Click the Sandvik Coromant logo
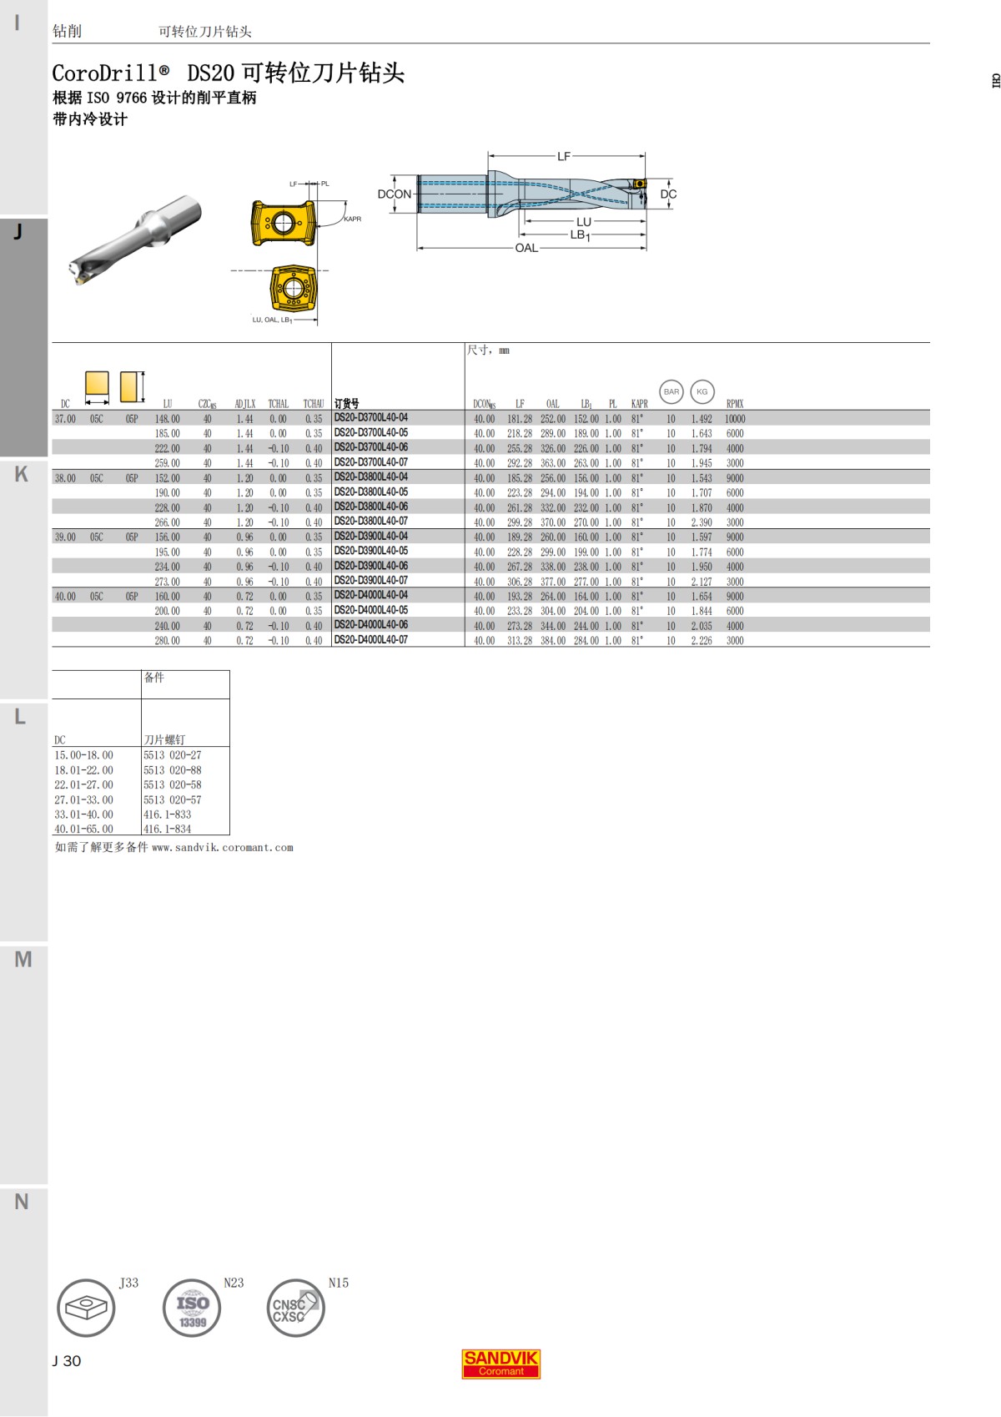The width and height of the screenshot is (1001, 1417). coord(500,1364)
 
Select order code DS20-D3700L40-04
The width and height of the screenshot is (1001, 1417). coord(371,418)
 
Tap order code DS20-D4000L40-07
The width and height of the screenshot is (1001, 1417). coord(371,640)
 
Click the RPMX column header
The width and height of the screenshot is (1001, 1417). coord(734,404)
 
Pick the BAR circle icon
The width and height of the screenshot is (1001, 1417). coord(671,391)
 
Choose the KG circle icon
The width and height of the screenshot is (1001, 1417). coord(702,391)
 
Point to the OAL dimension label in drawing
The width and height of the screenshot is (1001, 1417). coord(526,248)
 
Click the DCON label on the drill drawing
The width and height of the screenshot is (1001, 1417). coord(394,194)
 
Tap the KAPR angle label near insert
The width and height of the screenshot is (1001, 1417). coord(352,219)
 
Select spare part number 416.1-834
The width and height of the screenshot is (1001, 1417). coord(167,829)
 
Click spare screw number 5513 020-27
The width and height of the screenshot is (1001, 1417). coord(172,755)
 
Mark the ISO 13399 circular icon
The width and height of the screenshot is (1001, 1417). coord(192,1308)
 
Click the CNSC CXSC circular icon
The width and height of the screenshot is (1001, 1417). coord(295,1308)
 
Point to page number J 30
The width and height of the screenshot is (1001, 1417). coord(67,1361)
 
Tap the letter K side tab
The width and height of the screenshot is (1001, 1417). coord(22,475)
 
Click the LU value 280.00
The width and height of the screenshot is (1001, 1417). coord(167,640)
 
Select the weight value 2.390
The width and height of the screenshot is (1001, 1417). coord(702,522)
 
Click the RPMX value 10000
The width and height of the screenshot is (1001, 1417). coord(735,419)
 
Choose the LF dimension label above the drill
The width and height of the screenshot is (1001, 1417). coord(564,156)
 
